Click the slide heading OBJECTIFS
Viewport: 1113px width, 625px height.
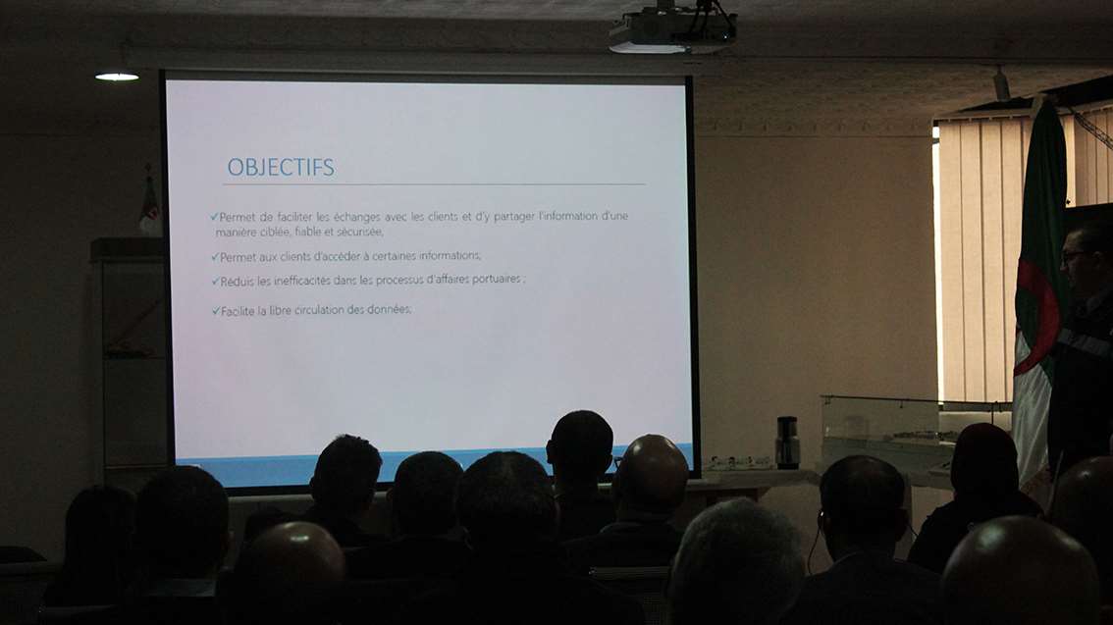pyautogui.click(x=281, y=168)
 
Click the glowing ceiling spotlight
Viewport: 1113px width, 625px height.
pyautogui.click(x=117, y=77)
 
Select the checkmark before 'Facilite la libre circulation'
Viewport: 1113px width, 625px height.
pyautogui.click(x=216, y=311)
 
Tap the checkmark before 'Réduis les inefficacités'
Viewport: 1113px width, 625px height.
pyautogui.click(x=215, y=281)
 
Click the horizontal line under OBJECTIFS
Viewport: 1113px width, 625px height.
pyautogui.click(x=434, y=184)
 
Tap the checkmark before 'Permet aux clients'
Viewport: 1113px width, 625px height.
pyautogui.click(x=215, y=256)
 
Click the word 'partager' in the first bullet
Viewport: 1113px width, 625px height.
pyautogui.click(x=514, y=217)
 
